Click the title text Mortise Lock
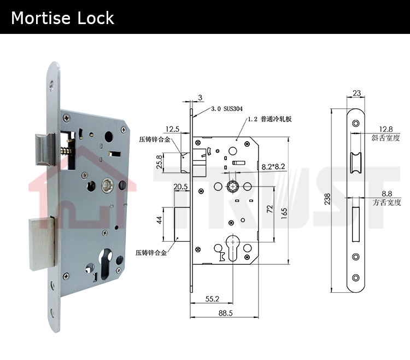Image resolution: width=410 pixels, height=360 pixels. [62, 18]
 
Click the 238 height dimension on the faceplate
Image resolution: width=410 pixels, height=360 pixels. [327, 199]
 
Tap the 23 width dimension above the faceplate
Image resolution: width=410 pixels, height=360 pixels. [356, 93]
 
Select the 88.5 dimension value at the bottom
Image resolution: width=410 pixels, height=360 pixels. [225, 313]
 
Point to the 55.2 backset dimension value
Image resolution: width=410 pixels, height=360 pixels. [212, 299]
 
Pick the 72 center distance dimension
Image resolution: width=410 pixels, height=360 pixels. [270, 209]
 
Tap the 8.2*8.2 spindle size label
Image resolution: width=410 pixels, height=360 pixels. [273, 167]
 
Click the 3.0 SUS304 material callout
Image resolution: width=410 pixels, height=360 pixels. [227, 109]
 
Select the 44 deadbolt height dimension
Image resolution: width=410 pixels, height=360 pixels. [159, 220]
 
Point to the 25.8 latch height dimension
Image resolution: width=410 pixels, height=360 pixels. [159, 162]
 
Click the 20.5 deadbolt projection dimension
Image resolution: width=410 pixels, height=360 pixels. [181, 187]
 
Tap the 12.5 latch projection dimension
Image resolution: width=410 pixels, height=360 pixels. [172, 129]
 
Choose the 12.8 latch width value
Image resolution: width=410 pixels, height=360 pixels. [386, 129]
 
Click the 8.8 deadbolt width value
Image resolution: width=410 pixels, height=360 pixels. [386, 194]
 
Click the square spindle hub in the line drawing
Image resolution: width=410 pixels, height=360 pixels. [232, 187]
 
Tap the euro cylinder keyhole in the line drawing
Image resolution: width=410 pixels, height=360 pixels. [232, 248]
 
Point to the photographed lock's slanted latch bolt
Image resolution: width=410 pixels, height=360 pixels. [45, 149]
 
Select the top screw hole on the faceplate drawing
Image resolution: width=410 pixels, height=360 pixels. [356, 123]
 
